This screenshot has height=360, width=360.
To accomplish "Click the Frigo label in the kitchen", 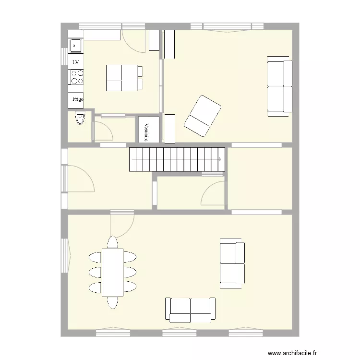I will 76,100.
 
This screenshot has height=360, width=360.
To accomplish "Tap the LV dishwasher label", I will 76,62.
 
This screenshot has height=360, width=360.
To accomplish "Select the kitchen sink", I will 76,46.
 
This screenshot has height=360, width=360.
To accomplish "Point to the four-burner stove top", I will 77,77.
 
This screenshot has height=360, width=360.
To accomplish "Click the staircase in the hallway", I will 177,159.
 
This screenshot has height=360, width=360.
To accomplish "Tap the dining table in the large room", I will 112,272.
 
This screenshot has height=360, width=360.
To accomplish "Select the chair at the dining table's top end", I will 112,242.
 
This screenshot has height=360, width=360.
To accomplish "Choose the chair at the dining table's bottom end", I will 112,302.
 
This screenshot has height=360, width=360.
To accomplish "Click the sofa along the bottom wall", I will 191,309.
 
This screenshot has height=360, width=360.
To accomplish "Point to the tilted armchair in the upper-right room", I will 203,115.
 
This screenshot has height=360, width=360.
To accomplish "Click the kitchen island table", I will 123,78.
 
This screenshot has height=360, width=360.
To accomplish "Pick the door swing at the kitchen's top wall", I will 133,41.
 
